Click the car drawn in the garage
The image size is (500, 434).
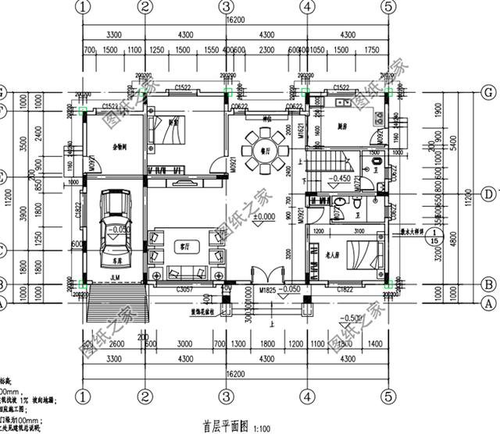pyautogui.click(x=115, y=226)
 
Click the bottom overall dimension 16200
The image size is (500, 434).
pyautogui.click(x=235, y=375)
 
